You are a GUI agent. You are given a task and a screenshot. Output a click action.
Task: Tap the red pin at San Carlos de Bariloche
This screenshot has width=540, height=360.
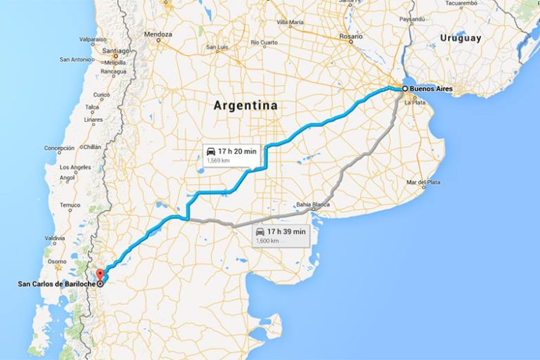pyautogui.click(x=99, y=275)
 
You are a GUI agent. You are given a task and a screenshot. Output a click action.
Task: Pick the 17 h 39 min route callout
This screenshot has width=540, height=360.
pyautogui.click(x=281, y=236)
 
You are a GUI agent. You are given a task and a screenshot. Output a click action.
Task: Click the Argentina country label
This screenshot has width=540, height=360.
pyautogui.click(x=245, y=105)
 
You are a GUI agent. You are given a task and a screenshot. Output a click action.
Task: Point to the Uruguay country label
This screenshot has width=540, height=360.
pyautogui.click(x=460, y=37)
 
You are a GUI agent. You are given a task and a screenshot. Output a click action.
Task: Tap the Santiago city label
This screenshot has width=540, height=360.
pyautogui.click(x=115, y=51)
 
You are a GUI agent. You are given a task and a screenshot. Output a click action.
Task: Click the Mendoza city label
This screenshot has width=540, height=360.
pyautogui.click(x=157, y=34)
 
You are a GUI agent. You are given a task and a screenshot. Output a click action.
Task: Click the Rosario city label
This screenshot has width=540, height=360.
pyautogui.click(x=351, y=36)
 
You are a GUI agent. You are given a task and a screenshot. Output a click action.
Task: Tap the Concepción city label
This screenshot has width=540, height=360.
pyautogui.click(x=59, y=148)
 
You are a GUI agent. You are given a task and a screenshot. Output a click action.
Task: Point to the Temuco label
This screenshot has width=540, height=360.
pyautogui.click(x=70, y=205)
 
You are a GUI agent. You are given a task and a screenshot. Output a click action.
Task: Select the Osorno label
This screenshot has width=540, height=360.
pyautogui.click(x=56, y=260)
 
